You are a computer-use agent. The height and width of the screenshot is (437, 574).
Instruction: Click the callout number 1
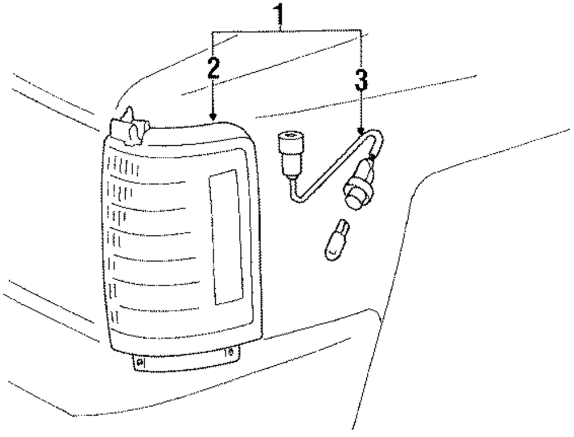(280, 12)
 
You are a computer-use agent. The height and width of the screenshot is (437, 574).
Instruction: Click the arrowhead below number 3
(360, 130)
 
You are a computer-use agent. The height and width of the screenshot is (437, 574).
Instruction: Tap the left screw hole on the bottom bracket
(140, 362)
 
